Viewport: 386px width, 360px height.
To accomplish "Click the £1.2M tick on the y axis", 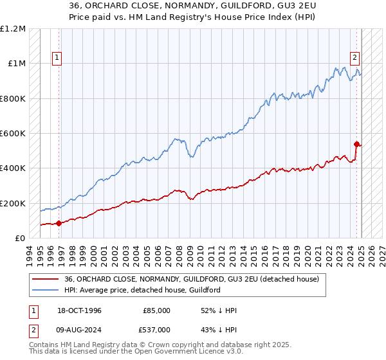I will [13, 29].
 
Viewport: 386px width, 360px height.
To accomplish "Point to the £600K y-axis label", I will [13, 134].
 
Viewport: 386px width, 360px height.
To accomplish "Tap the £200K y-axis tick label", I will [13, 203].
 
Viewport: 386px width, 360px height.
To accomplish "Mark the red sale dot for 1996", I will [59, 223].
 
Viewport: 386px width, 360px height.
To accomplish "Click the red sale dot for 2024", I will [356, 144].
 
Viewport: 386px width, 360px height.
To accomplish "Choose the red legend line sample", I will [46, 279].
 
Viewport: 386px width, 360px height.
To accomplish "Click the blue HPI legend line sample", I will [46, 290].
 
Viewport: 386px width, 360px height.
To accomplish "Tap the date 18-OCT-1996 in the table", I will [78, 310].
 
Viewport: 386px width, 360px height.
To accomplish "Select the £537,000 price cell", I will [157, 330].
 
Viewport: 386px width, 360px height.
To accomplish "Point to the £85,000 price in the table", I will [157, 310].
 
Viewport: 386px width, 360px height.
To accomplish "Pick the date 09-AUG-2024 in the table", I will [78, 330].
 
